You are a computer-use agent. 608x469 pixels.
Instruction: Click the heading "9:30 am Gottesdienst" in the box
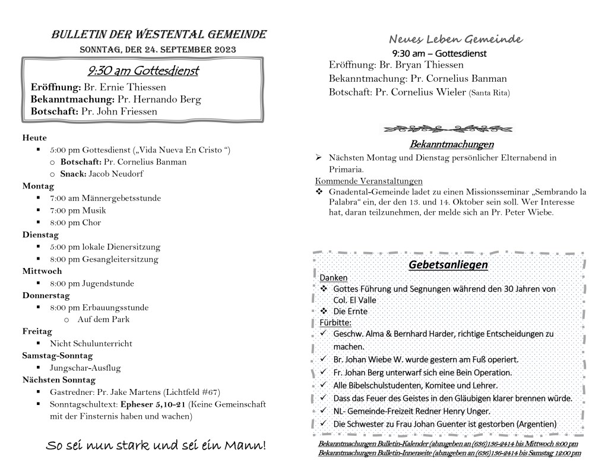tap(142, 72)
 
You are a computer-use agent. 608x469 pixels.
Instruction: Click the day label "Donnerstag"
tap(46, 295)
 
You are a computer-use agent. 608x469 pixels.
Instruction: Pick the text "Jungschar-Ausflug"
tap(85, 368)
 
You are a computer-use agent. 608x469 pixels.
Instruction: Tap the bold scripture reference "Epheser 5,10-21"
tap(153, 404)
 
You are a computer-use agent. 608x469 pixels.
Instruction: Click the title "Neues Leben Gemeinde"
tap(455, 40)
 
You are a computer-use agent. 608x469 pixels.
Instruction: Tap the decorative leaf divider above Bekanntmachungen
tap(448, 129)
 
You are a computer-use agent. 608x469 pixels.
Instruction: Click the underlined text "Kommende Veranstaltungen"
tap(369, 181)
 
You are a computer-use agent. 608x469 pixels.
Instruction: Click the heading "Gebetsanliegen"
tap(448, 264)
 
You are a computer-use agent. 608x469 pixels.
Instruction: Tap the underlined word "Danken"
tap(334, 277)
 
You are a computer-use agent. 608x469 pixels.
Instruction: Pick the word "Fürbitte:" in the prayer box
tap(335, 323)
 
